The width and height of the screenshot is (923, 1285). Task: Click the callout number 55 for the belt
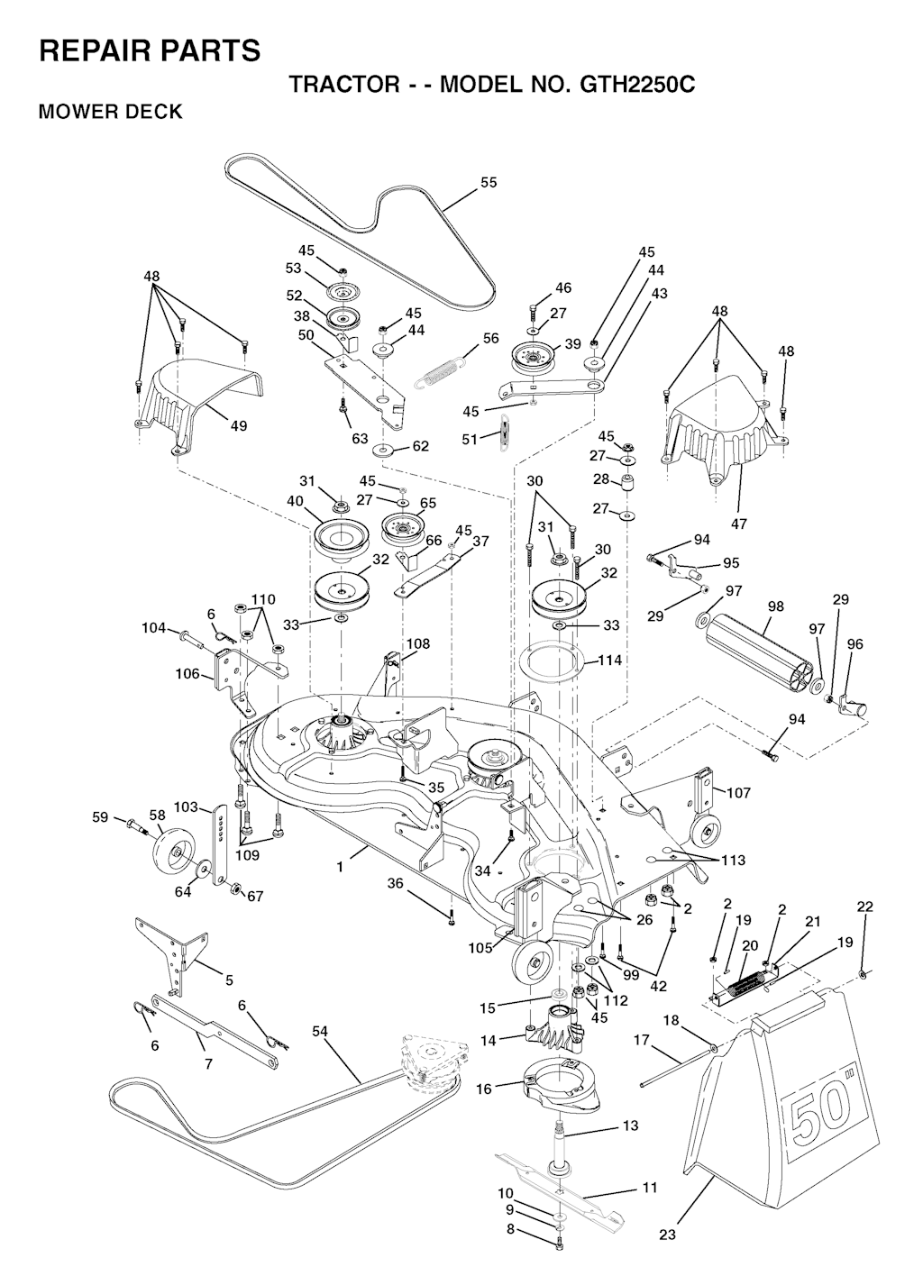[489, 182]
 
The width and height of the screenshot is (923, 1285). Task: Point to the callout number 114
[610, 661]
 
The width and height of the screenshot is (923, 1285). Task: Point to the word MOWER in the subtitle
[77, 112]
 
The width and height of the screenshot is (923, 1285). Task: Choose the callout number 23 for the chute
[667, 1235]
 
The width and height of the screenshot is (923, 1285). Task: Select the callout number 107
[739, 793]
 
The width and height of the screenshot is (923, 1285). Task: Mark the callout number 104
[154, 628]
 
